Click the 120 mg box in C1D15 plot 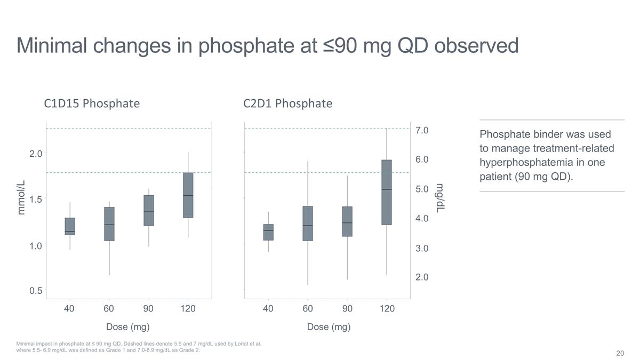(188, 195)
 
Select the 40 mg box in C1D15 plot (70, 226)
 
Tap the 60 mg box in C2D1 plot (308, 223)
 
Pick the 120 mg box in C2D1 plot (387, 192)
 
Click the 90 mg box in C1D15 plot (149, 211)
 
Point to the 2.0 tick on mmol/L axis (35, 154)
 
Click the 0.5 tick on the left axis (35, 291)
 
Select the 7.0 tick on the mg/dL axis (422, 130)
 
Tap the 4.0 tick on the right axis (422, 218)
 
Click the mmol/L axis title (21, 198)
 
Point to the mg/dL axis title (440, 198)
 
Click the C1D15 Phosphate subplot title (92, 103)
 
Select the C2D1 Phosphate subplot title (287, 103)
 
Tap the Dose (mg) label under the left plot (128, 327)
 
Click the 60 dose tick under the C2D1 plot (308, 309)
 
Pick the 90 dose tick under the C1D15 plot (148, 309)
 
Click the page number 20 (620, 353)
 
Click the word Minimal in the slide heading (52, 45)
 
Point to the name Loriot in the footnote (243, 344)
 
